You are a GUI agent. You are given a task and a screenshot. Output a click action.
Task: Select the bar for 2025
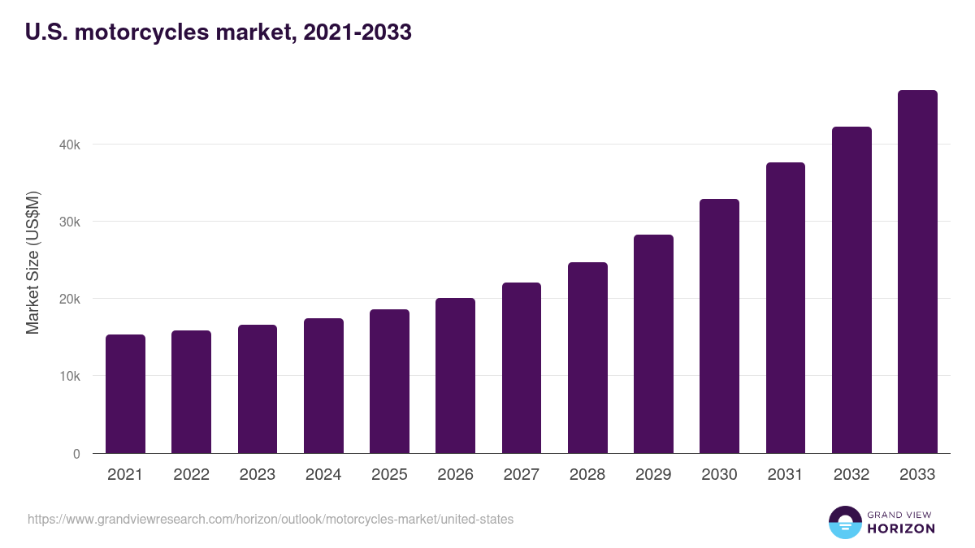[x=389, y=382]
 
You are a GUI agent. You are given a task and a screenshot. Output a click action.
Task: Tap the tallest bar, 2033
[x=917, y=272]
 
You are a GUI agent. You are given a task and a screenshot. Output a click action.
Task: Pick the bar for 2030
[x=719, y=326]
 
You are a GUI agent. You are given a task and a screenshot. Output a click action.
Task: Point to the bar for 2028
[x=587, y=358]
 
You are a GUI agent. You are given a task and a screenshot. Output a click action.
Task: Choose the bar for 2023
[x=258, y=389]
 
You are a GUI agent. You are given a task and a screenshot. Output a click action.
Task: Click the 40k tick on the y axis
[x=70, y=145]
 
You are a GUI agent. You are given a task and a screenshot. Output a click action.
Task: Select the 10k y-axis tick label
[x=70, y=377]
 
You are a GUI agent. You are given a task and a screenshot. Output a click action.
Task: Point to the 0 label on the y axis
[x=76, y=454]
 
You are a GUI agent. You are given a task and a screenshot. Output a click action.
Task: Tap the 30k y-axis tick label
[x=70, y=222]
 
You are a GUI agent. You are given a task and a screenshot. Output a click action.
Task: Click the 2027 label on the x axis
[x=522, y=475]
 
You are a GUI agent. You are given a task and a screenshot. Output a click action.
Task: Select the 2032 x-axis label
[x=851, y=475]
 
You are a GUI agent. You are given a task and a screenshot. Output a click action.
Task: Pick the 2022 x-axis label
[x=191, y=475]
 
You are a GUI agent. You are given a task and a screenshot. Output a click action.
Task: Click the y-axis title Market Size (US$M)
[x=32, y=262]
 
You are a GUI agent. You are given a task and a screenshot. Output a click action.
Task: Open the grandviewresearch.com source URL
[x=271, y=519]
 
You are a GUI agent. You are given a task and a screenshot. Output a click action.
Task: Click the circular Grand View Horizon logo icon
[x=844, y=522]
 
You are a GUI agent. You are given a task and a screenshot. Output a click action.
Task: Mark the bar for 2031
[x=785, y=308]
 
